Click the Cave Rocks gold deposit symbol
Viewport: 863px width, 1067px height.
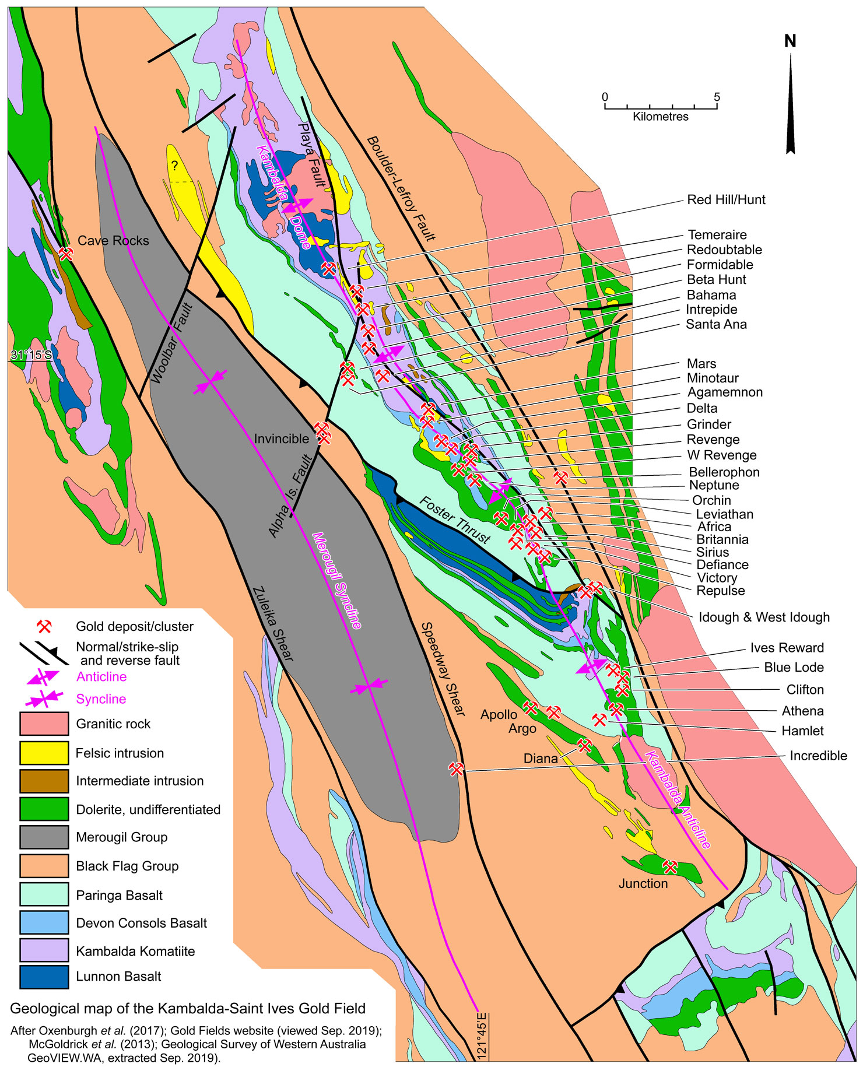coord(66,254)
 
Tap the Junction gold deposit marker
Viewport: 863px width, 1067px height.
coord(671,867)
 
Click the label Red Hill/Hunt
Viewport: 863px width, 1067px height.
coord(726,200)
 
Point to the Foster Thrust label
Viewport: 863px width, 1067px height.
coord(455,520)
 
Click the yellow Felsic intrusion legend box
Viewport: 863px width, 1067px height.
coord(44,753)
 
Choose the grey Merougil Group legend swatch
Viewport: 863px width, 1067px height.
coord(44,837)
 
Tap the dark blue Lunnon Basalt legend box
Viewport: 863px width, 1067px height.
coord(44,977)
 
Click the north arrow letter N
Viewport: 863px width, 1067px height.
coord(790,41)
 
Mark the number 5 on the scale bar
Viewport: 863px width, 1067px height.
coord(717,97)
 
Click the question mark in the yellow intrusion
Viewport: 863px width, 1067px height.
coord(174,166)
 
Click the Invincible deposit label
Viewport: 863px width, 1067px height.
coord(281,439)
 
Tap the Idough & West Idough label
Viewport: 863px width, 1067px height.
coord(764,617)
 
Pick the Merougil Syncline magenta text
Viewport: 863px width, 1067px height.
coord(336,581)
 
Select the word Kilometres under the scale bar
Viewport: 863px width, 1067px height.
coord(660,117)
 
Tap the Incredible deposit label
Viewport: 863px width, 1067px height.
coord(818,756)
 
